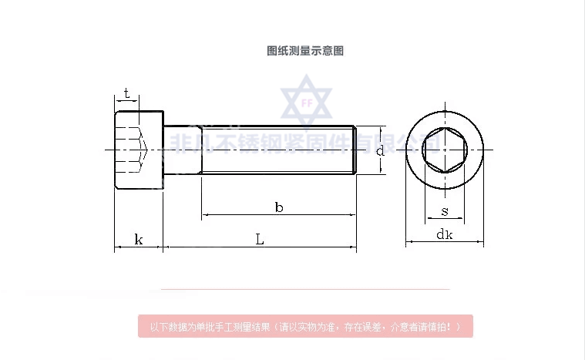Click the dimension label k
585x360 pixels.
tap(139, 239)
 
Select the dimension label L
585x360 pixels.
tap(260, 239)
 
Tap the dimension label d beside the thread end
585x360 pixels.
tap(379, 150)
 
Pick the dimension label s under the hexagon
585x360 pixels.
tap(445, 210)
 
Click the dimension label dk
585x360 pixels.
tap(445, 235)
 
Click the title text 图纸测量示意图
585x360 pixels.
tap(305, 51)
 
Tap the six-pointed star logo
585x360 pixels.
tap(305, 101)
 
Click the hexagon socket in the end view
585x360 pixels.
tap(445, 149)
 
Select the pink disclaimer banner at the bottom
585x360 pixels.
tap(305, 326)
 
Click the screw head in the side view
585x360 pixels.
tap(140, 149)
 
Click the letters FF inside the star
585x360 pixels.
tap(305, 99)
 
